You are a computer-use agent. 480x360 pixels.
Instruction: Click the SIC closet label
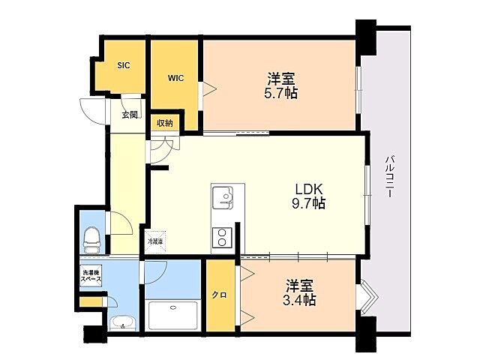coord(124,65)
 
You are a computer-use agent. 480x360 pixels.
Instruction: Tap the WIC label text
coord(176,77)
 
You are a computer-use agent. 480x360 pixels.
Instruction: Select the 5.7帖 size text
coord(282,93)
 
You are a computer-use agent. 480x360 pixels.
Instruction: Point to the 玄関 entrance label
coord(130,115)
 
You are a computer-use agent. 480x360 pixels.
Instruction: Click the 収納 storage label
coord(165,122)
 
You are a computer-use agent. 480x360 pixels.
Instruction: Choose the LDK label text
coord(307,188)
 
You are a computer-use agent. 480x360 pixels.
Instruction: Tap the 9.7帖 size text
coord(308,203)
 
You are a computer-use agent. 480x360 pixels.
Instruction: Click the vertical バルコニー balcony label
coord(391,177)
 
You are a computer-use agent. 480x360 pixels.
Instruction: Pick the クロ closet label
coord(220,295)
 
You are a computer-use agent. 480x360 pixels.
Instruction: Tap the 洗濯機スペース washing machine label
coord(91,274)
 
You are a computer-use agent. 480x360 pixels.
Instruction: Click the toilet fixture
coord(91,239)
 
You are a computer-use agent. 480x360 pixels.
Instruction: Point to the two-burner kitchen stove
coord(223,238)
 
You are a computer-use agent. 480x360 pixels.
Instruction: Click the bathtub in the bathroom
coord(173,315)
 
